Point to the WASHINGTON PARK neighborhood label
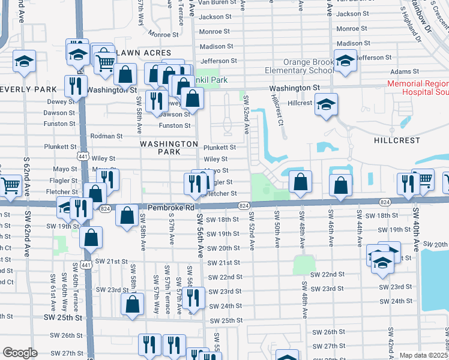169,148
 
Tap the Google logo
20,353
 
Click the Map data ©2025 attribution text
424,355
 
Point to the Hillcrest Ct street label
277,110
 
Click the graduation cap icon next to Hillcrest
326,104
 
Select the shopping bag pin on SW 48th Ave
300,182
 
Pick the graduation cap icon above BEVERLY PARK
24,62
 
